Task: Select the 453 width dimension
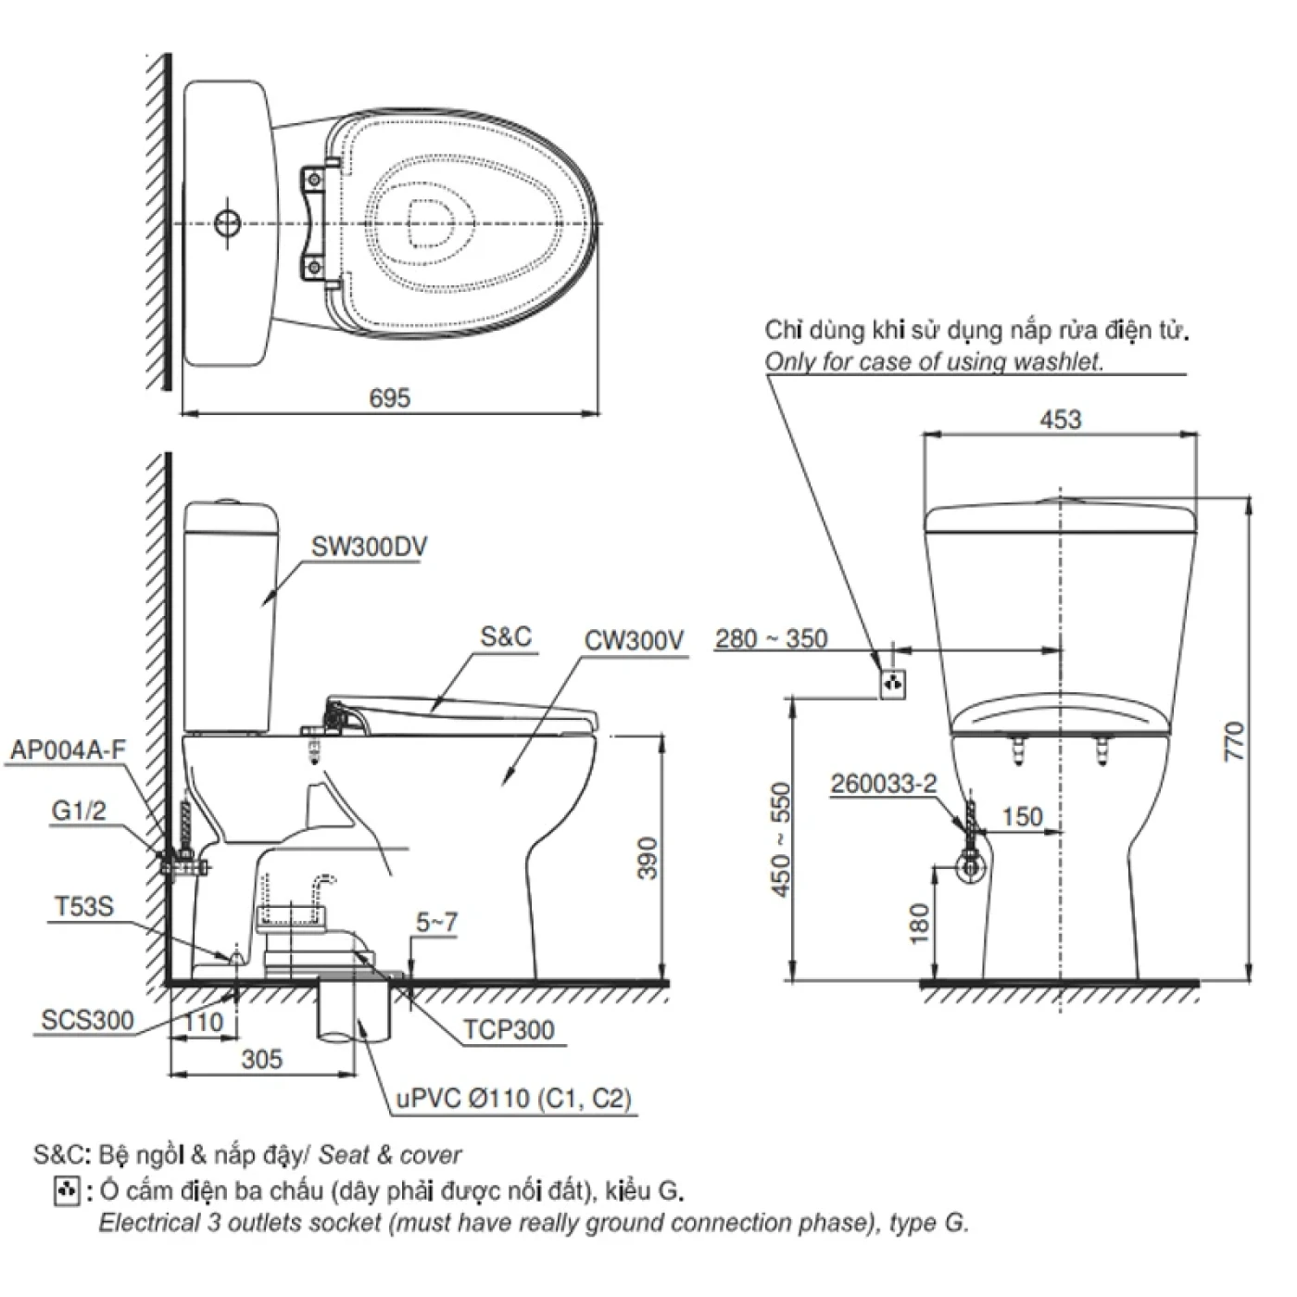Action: tap(1060, 420)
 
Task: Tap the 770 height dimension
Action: tap(1236, 741)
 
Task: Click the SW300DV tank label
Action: tap(369, 547)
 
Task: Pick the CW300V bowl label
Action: tap(634, 640)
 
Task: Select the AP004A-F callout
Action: tap(67, 750)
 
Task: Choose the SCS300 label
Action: tap(88, 1021)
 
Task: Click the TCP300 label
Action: tap(509, 1029)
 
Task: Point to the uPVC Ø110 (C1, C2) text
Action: tap(514, 1099)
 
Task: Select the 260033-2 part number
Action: tap(883, 784)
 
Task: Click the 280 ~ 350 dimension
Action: tap(771, 639)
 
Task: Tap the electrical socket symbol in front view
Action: tap(892, 685)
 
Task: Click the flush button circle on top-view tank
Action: tap(227, 223)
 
